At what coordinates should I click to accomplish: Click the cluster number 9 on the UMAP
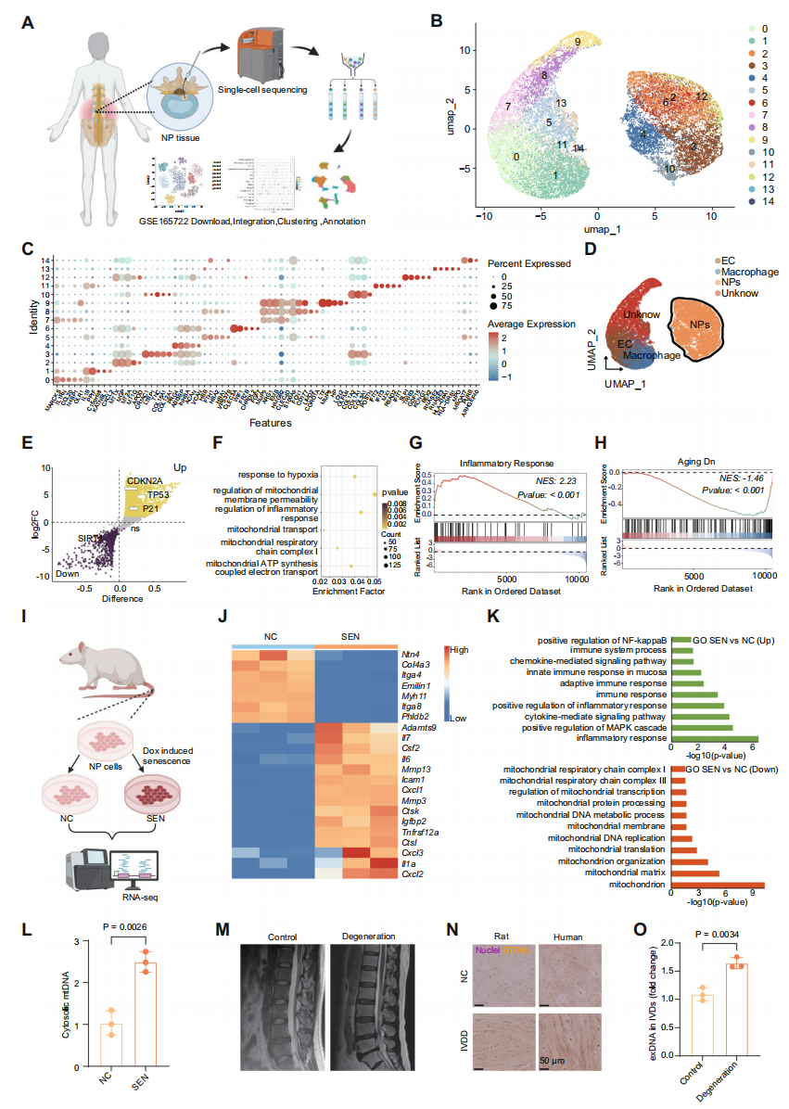577,42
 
